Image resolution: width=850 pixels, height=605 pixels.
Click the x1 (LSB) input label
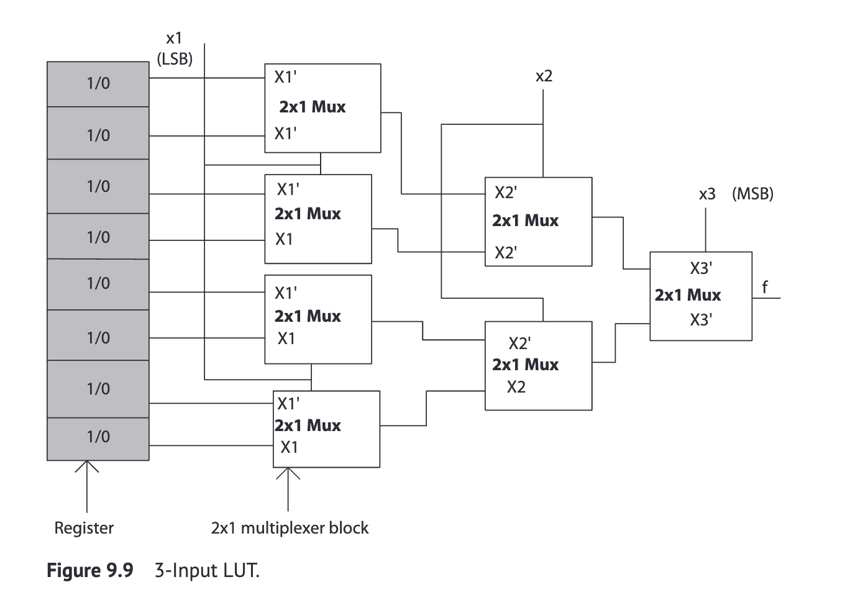(x=175, y=49)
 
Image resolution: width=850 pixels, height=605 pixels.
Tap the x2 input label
(x=544, y=76)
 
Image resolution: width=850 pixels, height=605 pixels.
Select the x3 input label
(x=707, y=194)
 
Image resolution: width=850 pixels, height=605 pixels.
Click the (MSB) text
(x=752, y=194)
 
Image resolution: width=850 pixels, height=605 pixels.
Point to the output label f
(x=765, y=287)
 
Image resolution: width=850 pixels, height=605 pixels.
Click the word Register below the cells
(x=84, y=528)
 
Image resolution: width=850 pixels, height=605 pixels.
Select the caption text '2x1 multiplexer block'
(x=290, y=528)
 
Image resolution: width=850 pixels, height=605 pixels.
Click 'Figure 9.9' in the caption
(x=90, y=570)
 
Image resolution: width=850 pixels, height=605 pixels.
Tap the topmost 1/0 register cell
(x=98, y=84)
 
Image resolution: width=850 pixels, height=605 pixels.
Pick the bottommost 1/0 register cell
(x=98, y=437)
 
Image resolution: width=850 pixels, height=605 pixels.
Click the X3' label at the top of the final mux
(x=701, y=268)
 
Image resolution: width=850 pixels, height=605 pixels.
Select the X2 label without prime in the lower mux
(x=516, y=388)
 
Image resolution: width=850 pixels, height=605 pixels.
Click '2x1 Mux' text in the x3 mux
(x=687, y=295)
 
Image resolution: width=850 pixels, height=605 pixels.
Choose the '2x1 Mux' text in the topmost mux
(x=312, y=107)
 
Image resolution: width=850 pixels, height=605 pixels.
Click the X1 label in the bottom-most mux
(x=289, y=447)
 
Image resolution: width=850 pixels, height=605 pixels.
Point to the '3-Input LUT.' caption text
(x=207, y=570)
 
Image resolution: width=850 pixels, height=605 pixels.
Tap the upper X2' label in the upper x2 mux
(x=505, y=193)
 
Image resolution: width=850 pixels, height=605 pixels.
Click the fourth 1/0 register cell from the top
(x=98, y=237)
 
